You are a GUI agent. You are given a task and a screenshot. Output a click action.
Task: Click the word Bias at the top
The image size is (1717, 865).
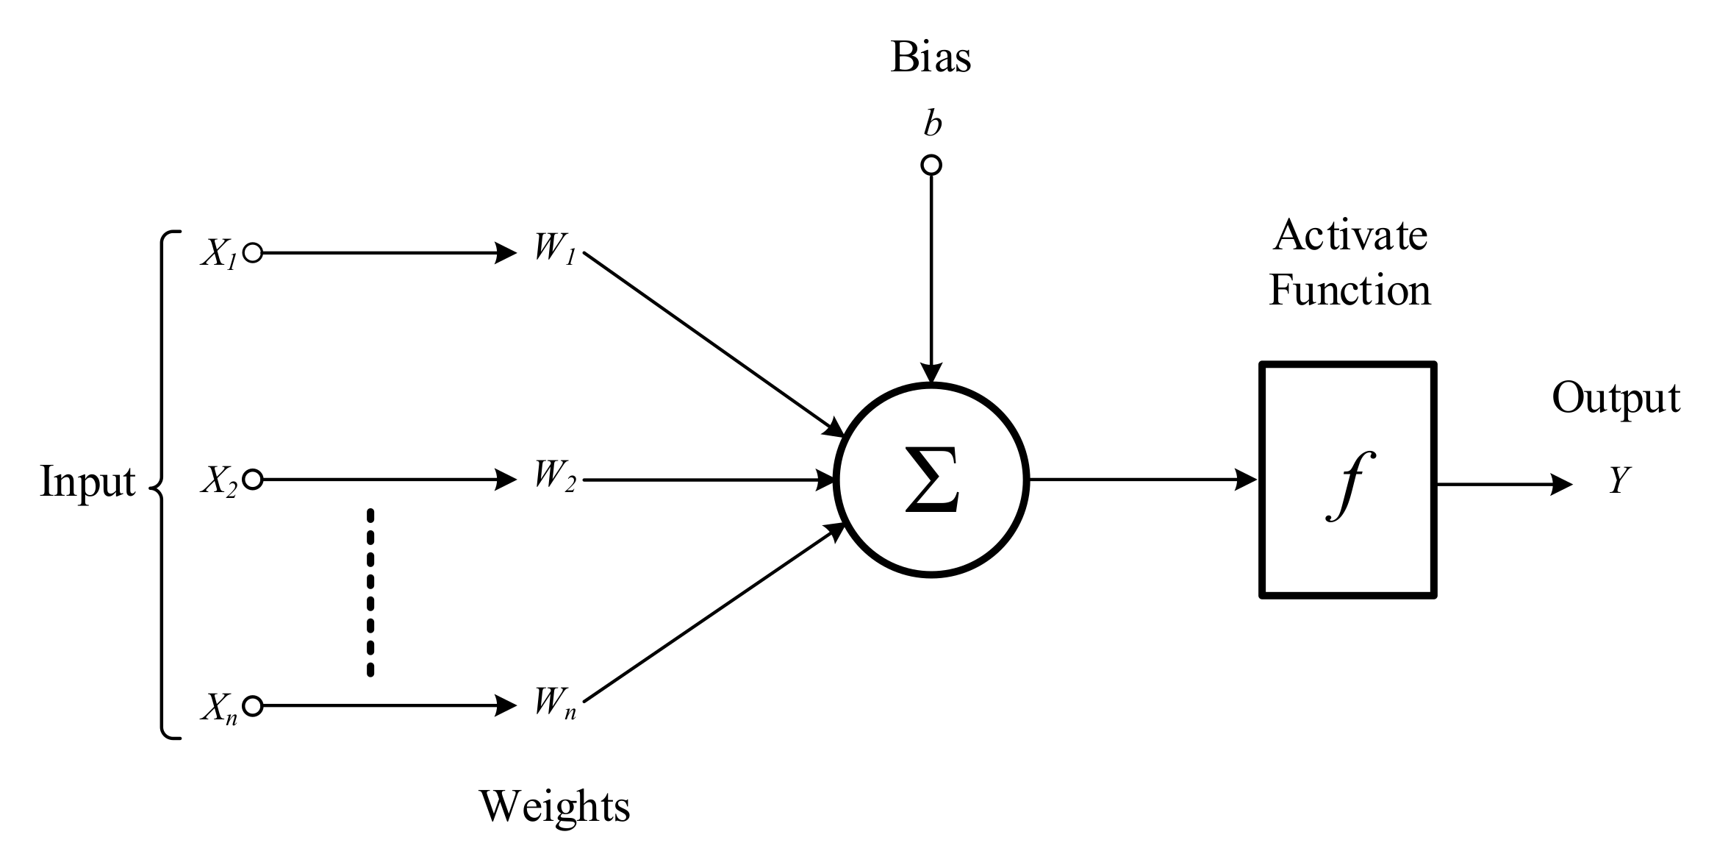tap(931, 57)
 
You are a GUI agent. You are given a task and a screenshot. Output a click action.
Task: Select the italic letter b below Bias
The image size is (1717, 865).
tap(932, 124)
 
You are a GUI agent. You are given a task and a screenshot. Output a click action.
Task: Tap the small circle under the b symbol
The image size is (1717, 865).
tap(931, 165)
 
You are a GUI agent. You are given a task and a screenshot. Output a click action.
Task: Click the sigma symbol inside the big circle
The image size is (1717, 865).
tap(931, 480)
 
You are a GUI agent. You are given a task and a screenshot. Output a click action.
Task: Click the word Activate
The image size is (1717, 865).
tap(1350, 235)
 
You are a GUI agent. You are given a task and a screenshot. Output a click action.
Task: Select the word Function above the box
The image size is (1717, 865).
tap(1350, 290)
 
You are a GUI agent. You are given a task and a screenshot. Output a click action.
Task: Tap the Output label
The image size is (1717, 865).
tap(1616, 398)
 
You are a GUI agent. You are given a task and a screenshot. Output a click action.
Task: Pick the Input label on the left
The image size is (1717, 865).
tap(87, 482)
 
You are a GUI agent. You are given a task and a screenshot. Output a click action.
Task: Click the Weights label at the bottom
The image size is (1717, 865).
tap(555, 806)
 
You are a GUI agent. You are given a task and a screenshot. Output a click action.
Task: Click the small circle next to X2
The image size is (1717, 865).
tap(252, 480)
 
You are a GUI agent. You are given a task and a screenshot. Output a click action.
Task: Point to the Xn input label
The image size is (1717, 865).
tap(219, 708)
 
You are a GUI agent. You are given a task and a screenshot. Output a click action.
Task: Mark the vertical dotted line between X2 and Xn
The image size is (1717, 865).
tap(370, 592)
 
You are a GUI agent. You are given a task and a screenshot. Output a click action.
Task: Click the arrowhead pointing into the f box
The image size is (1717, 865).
tap(1247, 480)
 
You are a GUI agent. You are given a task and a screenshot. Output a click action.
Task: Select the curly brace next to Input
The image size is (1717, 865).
tap(163, 485)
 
